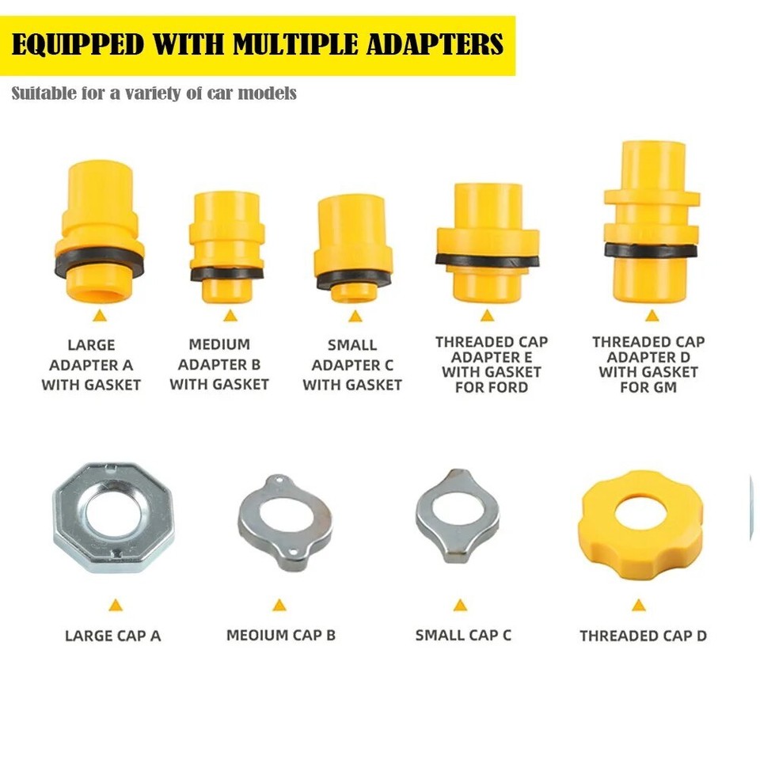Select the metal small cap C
pyautogui.click(x=458, y=515)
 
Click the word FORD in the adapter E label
pyautogui.click(x=510, y=387)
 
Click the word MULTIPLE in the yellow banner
pyautogui.click(x=321, y=44)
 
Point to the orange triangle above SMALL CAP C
pyautogui.click(x=460, y=606)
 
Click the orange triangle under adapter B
pyautogui.click(x=230, y=316)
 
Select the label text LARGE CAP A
pyautogui.click(x=112, y=636)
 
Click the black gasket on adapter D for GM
pyautogui.click(x=652, y=250)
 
